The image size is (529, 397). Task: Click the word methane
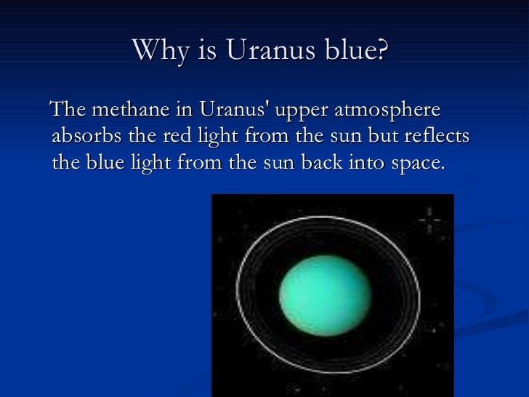tap(126, 111)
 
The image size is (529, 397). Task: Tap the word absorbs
tap(79, 137)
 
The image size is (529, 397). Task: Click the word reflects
tap(440, 137)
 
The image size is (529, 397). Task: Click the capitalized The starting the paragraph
tap(67, 111)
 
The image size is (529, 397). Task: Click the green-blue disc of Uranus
tap(325, 294)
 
